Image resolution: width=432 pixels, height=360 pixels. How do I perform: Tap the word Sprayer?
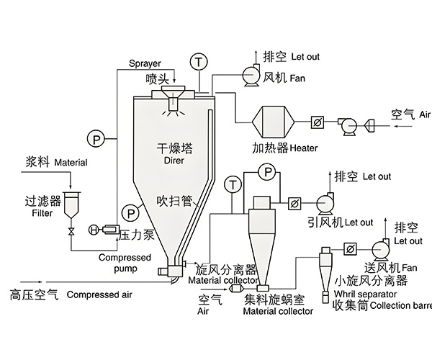click(145, 63)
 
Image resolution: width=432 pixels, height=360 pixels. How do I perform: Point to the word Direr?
click(176, 163)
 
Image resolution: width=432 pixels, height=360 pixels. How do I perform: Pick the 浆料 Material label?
click(56, 163)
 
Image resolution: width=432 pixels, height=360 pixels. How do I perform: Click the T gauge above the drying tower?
click(199, 62)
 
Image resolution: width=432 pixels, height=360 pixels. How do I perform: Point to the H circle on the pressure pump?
click(94, 230)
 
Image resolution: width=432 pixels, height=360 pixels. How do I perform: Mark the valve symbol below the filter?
click(71, 232)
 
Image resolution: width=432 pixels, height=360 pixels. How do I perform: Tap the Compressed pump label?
click(125, 263)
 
